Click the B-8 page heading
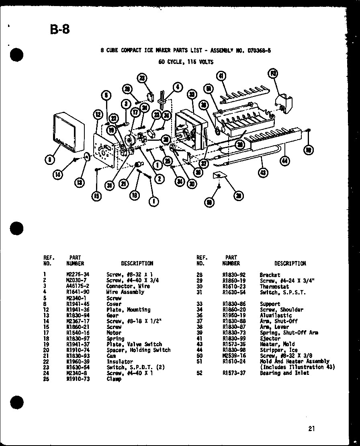[x=60, y=29]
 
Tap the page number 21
[x=312, y=428]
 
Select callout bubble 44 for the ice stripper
[x=285, y=161]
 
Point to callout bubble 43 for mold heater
[x=263, y=173]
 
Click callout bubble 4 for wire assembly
[x=178, y=86]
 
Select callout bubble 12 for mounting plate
[x=98, y=114]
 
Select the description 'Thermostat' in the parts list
[x=274, y=286]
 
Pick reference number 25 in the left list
[x=46, y=379]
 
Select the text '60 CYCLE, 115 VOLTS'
[x=186, y=62]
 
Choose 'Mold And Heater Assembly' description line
[x=295, y=362]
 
